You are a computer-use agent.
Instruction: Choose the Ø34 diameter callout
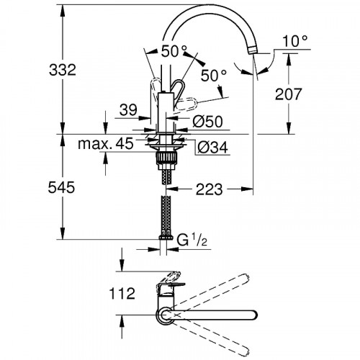[x=208, y=147]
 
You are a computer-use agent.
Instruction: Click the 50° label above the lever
[x=174, y=52]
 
